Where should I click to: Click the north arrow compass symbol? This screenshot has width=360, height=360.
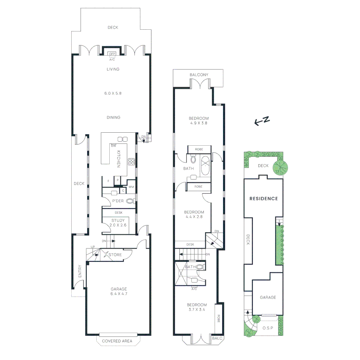coord(262,121)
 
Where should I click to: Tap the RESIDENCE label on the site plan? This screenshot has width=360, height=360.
coord(264,199)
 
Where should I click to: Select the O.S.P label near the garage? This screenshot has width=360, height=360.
coord(267,328)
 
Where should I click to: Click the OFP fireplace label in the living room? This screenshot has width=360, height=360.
coord(112,54)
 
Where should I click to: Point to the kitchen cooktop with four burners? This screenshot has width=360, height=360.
coord(131,162)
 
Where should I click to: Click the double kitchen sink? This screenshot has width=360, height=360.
coord(122,139)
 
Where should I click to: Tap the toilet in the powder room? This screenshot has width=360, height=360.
coord(130,201)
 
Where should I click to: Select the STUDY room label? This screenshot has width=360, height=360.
coord(118,220)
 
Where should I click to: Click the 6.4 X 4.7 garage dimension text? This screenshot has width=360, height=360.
coord(119,294)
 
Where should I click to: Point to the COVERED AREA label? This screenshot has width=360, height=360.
coord(117,341)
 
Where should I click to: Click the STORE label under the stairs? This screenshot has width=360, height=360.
coord(115,255)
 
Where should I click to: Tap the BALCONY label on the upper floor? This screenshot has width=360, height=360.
coord(199,75)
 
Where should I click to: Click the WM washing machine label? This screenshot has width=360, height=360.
coord(131,187)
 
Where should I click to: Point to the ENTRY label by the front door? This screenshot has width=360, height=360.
coord(80,271)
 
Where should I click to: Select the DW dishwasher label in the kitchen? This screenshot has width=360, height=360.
coord(114,146)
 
